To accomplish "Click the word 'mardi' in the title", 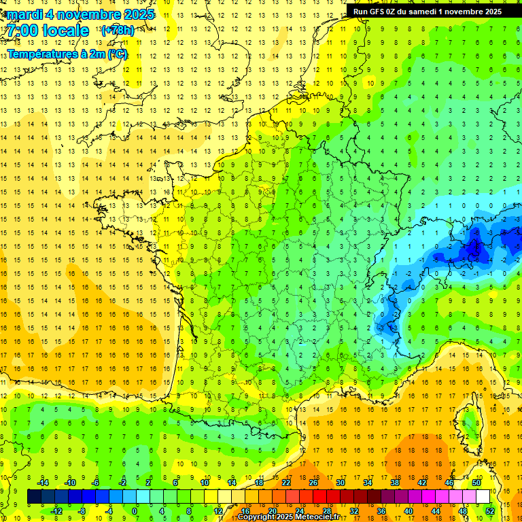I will [x=27, y=14].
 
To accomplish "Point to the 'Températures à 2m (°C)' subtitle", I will [x=67, y=54].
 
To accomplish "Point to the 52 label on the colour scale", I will [x=489, y=510].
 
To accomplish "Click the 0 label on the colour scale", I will [x=134, y=510].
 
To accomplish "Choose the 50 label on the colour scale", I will [x=476, y=483].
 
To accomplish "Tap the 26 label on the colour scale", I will [x=313, y=483].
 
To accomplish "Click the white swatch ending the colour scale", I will [x=483, y=496].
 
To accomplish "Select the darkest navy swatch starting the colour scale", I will [x=34, y=496].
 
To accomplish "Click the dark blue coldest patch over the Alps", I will [x=476, y=248].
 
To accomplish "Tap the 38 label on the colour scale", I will [x=395, y=483].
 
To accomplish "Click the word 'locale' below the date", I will [x=65, y=31].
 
